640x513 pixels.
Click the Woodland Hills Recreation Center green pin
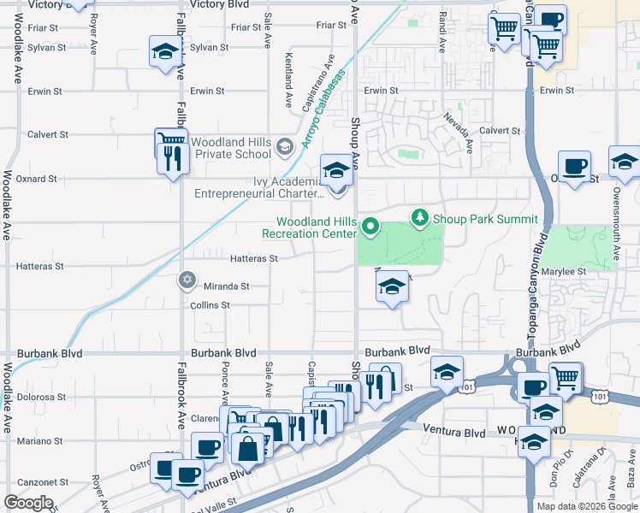pos(370,227)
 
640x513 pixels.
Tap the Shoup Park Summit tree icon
pos(419,218)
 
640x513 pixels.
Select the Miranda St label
pos(226,286)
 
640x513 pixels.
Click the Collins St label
pos(210,305)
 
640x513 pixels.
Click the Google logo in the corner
pos(27,503)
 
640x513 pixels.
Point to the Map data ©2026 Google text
pos(587,506)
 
